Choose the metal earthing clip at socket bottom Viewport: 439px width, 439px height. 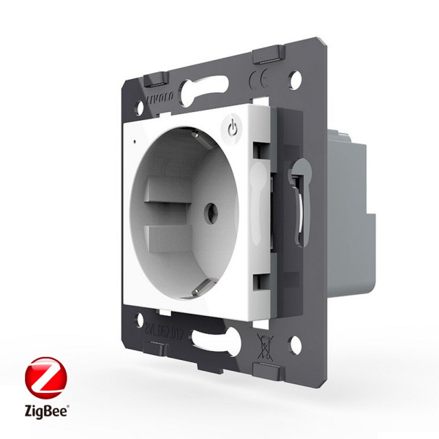[x=195, y=290]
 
